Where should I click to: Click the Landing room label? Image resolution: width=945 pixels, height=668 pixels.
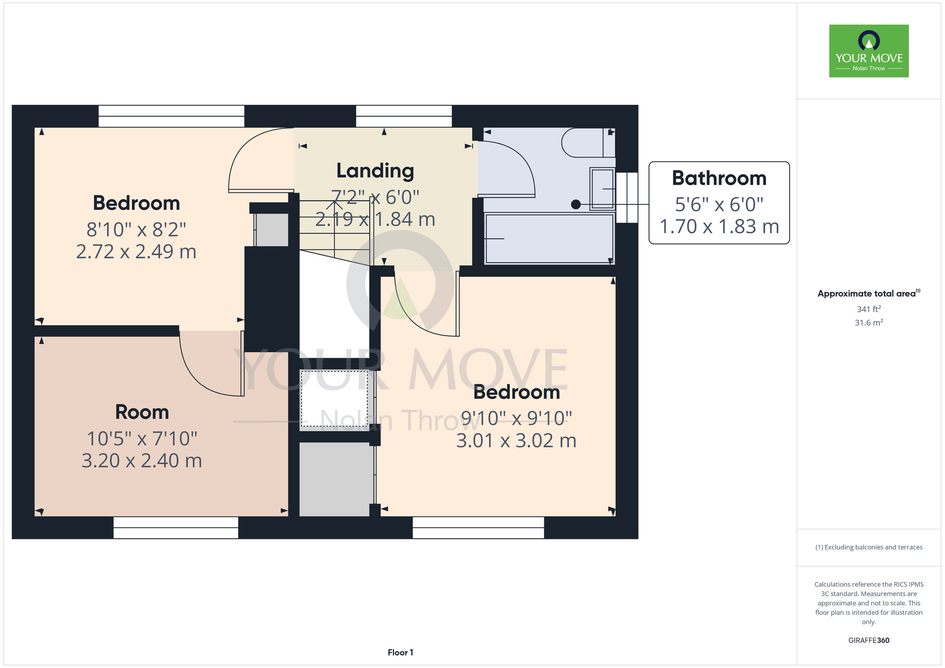coord(375,171)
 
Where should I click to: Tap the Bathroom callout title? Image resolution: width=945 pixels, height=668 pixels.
coord(719,178)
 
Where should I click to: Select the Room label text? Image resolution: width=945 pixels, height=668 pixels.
coord(142,412)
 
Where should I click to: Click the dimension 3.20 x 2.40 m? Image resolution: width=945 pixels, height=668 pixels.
coord(142,461)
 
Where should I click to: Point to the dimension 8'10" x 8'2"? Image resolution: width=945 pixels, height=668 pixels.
coord(136,230)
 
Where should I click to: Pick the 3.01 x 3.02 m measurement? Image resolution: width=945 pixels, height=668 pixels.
coord(516,441)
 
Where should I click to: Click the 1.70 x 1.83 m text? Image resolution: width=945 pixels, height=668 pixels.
coord(719,227)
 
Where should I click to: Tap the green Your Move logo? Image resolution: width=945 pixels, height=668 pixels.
coord(869,51)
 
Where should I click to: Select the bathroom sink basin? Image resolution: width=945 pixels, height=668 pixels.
coord(602,188)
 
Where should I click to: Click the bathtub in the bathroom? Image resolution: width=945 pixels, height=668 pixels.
coord(550,239)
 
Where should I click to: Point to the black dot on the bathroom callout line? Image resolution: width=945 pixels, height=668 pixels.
coord(576,205)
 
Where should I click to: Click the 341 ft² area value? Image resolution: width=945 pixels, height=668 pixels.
coord(869,309)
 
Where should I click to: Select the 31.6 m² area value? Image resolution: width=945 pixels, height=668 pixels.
coord(869,323)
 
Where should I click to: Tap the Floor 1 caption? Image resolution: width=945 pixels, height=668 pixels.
coord(400,652)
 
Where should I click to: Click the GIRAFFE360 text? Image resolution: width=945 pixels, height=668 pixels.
coord(869,641)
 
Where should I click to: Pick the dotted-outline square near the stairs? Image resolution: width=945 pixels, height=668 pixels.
coord(334,400)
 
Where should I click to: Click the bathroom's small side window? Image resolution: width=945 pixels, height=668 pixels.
coord(627,197)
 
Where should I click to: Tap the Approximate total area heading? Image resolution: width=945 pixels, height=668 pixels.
coord(869,293)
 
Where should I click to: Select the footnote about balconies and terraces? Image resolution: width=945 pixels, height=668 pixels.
coord(869,547)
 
